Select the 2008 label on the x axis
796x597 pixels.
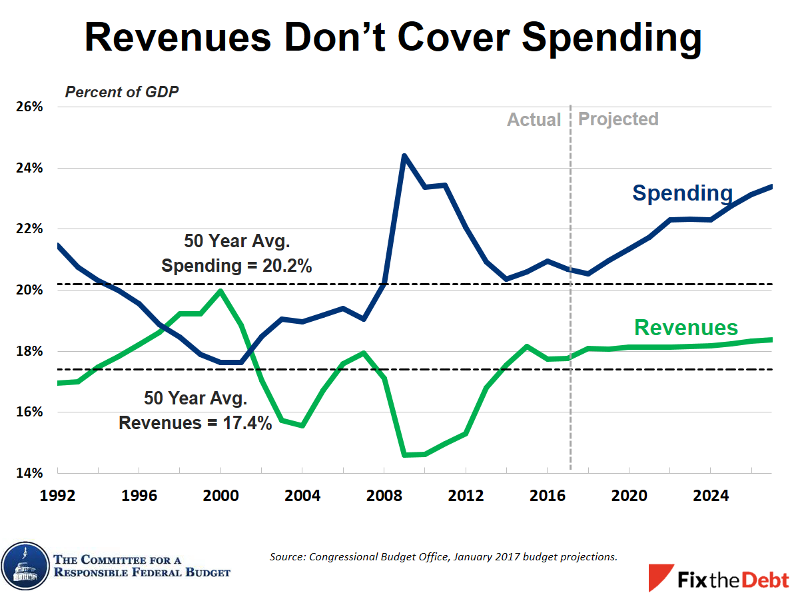384,496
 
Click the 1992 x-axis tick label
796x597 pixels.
58,496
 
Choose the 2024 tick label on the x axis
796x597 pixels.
710,496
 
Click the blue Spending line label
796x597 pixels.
682,193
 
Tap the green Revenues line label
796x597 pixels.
686,328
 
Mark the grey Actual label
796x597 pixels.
534,120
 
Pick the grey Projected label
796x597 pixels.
618,119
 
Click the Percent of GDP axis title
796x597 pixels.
122,92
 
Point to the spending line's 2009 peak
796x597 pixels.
404,156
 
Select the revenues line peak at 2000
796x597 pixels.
220,291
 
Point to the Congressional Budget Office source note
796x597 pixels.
443,556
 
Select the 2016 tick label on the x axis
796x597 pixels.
548,496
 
